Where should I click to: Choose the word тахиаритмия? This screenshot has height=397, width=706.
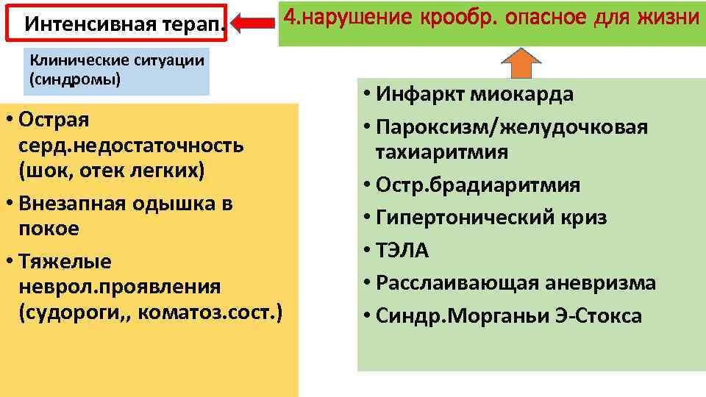[441, 152]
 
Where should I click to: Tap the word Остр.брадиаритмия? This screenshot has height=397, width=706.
[478, 185]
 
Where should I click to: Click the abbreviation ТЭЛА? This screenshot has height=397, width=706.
[402, 251]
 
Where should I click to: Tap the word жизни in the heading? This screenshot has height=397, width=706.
[671, 15]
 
